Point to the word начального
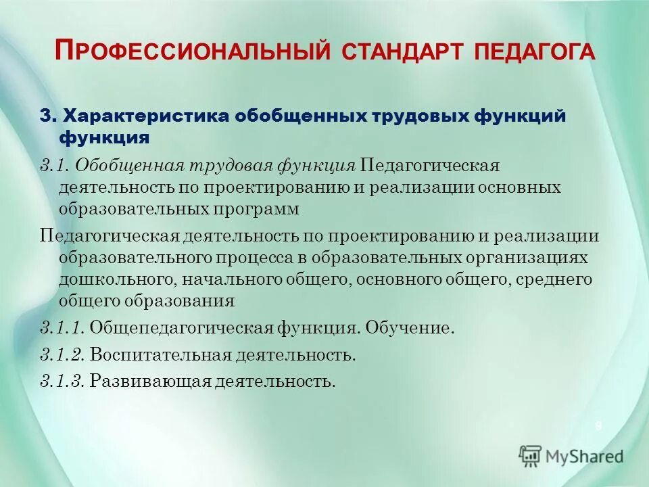tap(226, 279)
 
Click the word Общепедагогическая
tap(181, 329)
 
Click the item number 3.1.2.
tap(62, 354)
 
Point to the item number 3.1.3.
tap(62, 381)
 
